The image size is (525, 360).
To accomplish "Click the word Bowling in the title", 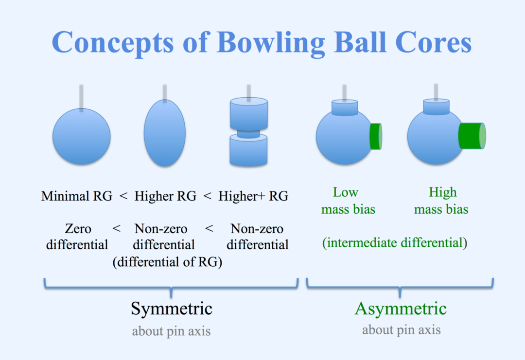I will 271,43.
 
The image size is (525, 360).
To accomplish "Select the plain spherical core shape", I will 81,136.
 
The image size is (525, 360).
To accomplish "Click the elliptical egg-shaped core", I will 165,133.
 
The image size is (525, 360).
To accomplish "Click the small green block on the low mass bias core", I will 376,136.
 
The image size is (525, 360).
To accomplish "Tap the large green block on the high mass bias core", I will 472,136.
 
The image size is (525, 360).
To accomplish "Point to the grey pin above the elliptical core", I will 165,93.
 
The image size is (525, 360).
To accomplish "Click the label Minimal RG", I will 77,196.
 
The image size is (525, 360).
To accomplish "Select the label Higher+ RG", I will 253,196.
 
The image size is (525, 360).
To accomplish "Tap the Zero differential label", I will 77,236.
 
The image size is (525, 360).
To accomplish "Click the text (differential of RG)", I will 167,262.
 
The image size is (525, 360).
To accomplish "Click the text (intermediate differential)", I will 395,242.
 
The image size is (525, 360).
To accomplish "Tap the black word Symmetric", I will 172,309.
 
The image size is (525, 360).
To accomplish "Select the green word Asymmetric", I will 401,309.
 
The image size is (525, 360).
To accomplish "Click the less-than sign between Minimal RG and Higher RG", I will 123,196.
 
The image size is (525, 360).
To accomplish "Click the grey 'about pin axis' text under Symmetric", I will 171,331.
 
